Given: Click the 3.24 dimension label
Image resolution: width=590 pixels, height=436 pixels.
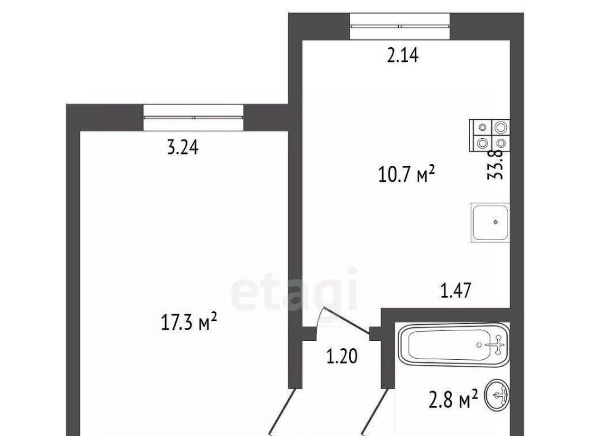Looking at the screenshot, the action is [x=183, y=147].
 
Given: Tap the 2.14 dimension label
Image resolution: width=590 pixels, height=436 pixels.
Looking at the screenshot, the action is [x=403, y=56].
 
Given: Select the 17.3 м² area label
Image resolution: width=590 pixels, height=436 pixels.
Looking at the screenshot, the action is [x=189, y=322].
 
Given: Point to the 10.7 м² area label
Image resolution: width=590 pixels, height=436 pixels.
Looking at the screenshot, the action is [x=406, y=174].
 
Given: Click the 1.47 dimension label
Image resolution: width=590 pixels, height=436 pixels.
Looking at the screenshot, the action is [x=455, y=290].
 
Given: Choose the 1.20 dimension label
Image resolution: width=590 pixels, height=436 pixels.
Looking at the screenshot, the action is [x=342, y=356].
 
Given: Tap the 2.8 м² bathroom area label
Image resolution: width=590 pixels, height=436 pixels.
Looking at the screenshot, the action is [x=454, y=399].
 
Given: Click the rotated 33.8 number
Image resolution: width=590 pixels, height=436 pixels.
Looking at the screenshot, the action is [x=495, y=164].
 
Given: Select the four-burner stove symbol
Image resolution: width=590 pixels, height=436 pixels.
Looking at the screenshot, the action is [x=490, y=135].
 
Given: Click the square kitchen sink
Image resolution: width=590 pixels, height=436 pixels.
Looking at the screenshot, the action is [x=490, y=222].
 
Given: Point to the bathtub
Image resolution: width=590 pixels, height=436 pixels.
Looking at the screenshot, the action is [x=454, y=345].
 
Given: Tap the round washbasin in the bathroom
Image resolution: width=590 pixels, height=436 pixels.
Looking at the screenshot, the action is [x=497, y=395].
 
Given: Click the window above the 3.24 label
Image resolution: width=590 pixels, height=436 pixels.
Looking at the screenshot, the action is [x=194, y=118].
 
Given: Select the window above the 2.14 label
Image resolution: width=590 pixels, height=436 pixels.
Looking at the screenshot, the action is [x=399, y=26].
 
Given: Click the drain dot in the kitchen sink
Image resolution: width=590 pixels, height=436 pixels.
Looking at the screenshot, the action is [x=495, y=222].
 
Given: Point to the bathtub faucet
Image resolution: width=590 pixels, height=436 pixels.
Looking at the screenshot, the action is [x=497, y=345].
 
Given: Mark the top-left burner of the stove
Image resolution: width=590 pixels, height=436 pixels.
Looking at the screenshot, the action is [x=482, y=128].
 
